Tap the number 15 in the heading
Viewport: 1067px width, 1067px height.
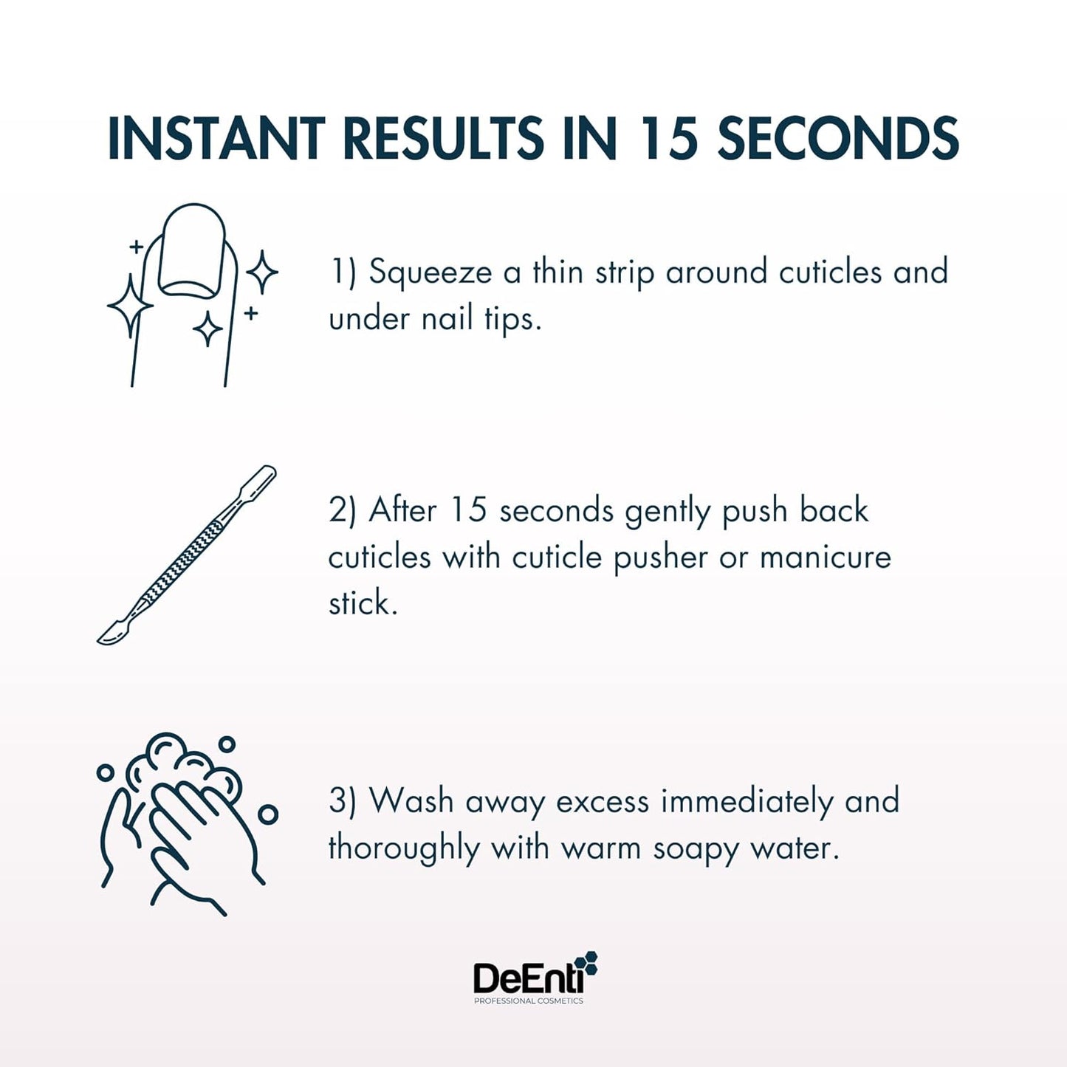point(668,138)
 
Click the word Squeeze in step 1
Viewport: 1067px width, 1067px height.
point(430,272)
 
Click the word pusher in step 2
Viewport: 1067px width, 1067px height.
point(660,557)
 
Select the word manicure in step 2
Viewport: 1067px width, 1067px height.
point(825,557)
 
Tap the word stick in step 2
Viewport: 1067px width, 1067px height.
point(361,603)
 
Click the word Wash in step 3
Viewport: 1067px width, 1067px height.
point(411,801)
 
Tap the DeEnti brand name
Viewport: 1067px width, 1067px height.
point(526,978)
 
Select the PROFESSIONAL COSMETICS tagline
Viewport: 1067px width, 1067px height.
point(528,1001)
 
